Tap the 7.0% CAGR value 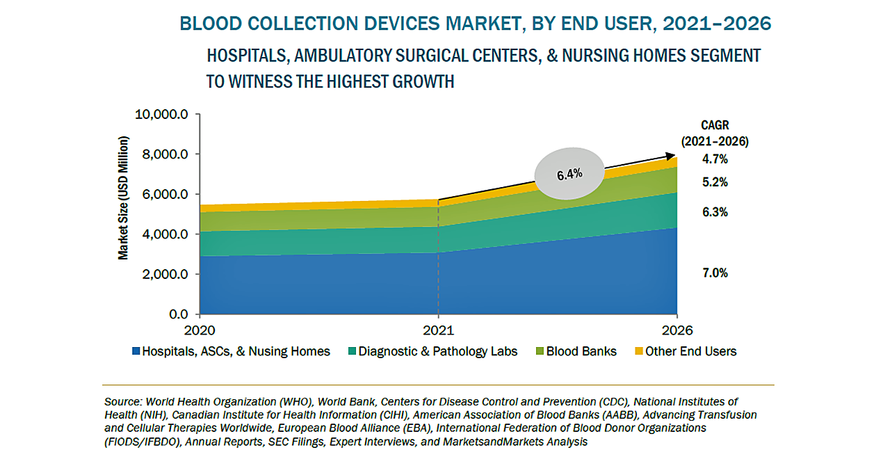[715, 273]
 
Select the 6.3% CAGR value [715, 212]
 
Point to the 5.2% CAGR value [715, 182]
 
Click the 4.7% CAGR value [715, 159]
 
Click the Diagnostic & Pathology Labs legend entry [438, 352]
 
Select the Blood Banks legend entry [581, 352]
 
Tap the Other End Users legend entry [690, 352]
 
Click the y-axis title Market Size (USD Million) [123, 198]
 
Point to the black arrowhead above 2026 [672, 156]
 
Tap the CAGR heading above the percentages [714, 126]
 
